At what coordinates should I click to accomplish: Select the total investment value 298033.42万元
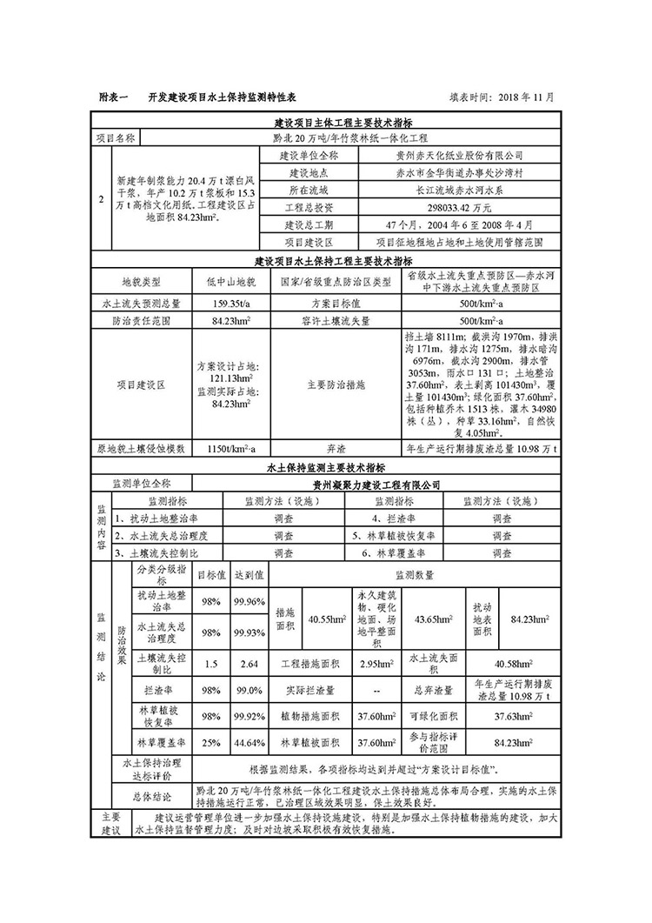[462, 208]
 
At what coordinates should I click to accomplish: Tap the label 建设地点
[310, 172]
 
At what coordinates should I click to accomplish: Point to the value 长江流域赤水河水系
[462, 190]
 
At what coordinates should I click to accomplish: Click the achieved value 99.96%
[249, 601]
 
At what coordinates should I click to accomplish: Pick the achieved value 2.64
[249, 665]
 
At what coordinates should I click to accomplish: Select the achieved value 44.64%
[249, 743]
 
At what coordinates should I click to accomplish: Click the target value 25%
[210, 743]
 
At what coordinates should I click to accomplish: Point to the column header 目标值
[210, 575]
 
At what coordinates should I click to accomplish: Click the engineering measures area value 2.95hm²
[376, 665]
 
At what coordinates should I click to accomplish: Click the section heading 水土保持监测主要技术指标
[332, 467]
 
